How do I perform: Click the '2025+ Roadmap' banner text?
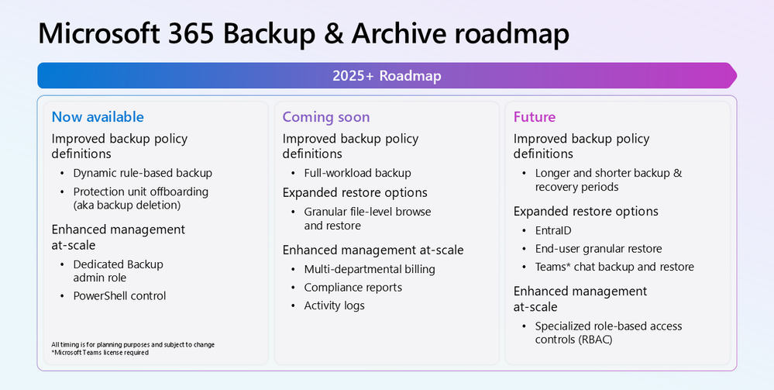pyautogui.click(x=387, y=76)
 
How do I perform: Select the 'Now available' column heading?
pyautogui.click(x=98, y=116)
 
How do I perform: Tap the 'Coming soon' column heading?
pyautogui.click(x=325, y=117)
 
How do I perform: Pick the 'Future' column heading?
pyautogui.click(x=535, y=116)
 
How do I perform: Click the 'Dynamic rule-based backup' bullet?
pyautogui.click(x=143, y=173)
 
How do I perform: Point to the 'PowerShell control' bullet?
pyautogui.click(x=119, y=295)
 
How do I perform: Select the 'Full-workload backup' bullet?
pyautogui.click(x=357, y=173)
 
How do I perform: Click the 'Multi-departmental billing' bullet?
pyautogui.click(x=370, y=269)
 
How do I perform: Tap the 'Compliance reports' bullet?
pyautogui.click(x=353, y=288)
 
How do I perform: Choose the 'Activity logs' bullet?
pyautogui.click(x=334, y=305)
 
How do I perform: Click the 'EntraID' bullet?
pyautogui.click(x=553, y=230)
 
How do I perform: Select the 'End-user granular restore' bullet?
pyautogui.click(x=598, y=249)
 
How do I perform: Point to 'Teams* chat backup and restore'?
pyautogui.click(x=614, y=267)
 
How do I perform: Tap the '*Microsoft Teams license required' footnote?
pyautogui.click(x=100, y=353)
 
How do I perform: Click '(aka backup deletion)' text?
pyautogui.click(x=127, y=205)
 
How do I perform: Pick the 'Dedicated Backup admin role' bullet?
pyautogui.click(x=118, y=271)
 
